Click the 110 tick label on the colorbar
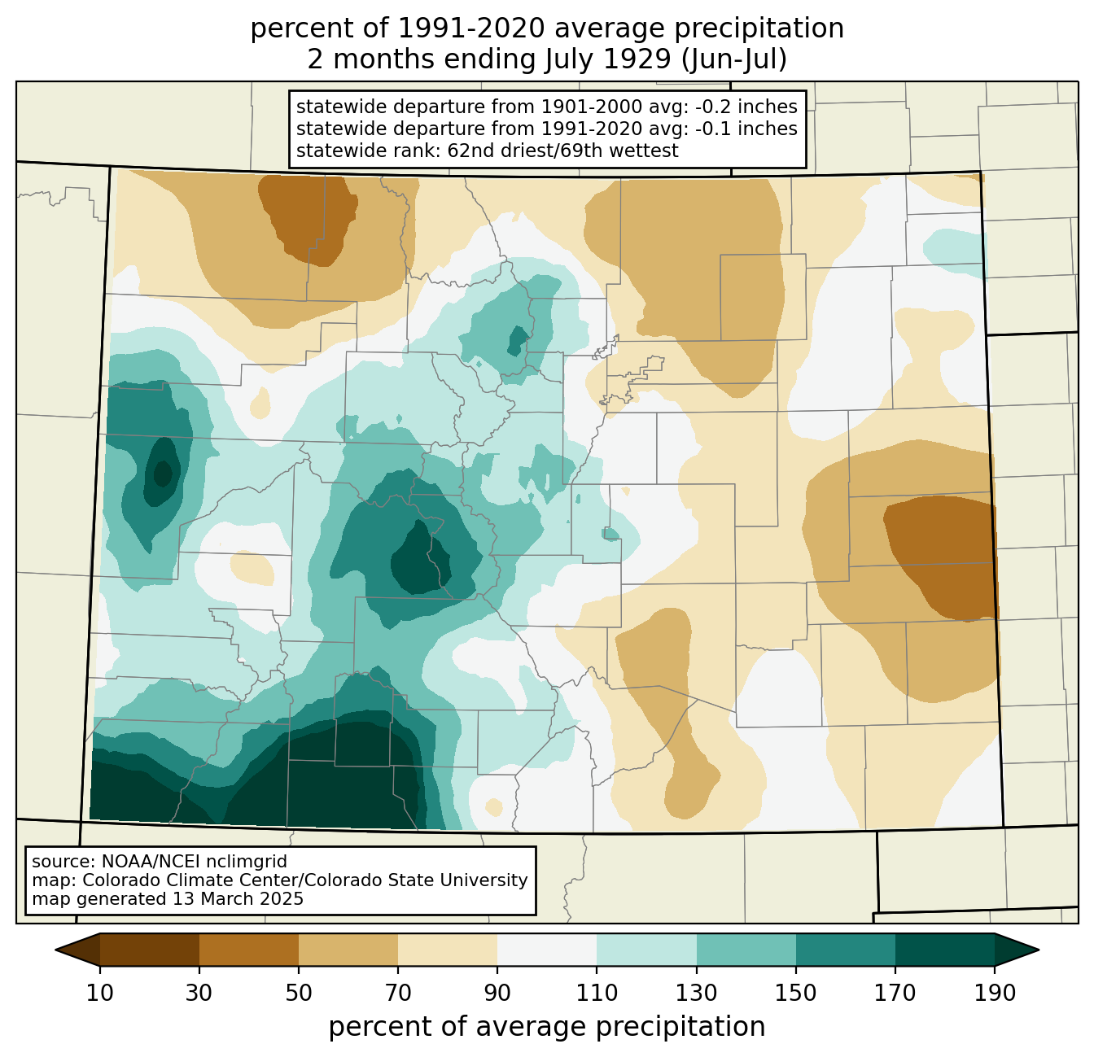point(597,994)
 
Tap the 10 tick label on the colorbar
point(100,994)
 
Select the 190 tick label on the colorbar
point(995,994)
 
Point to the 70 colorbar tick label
point(398,994)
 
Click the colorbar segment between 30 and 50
point(249,950)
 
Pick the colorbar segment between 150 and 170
point(846,950)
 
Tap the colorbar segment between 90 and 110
point(547,950)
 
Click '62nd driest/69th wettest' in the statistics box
point(562,151)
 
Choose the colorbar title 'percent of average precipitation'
point(547,1027)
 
